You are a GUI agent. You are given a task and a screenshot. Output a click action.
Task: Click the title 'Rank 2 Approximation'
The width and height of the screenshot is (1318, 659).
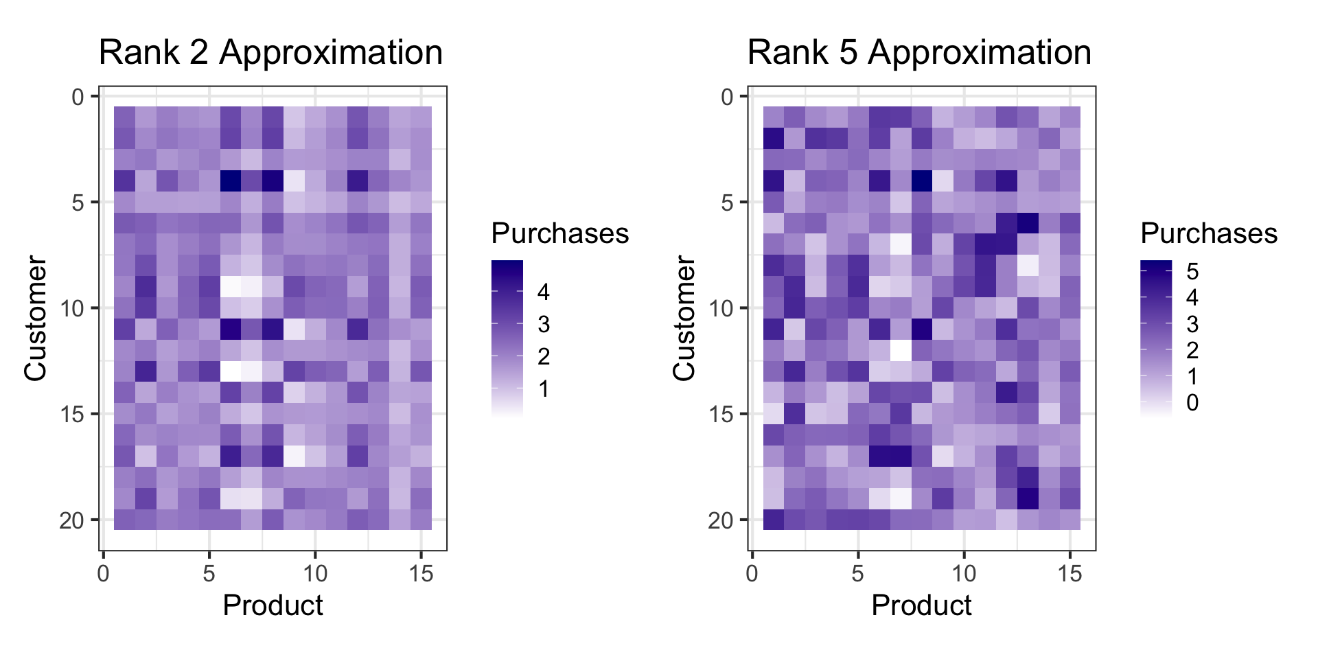tap(270, 53)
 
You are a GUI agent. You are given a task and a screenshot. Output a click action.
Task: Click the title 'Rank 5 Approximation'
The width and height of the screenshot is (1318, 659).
tap(919, 53)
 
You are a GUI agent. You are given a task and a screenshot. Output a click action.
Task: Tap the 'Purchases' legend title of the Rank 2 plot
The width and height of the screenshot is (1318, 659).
tap(560, 234)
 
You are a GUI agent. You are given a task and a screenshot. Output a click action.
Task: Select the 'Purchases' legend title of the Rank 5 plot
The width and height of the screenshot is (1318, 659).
tap(1209, 234)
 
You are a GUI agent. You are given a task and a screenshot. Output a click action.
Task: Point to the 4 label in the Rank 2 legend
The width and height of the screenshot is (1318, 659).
tap(544, 292)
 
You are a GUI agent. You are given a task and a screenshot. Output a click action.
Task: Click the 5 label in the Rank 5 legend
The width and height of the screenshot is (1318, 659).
tap(1192, 272)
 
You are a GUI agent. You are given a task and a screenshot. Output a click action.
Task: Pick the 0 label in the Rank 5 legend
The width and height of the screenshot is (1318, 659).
tap(1192, 403)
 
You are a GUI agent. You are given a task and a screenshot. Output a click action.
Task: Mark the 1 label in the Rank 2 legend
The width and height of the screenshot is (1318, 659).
tap(544, 389)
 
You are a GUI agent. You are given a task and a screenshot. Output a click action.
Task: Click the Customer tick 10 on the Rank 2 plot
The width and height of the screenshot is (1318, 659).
tap(72, 308)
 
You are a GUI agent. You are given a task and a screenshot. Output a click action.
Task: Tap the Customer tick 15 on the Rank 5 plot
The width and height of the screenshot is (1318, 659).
tap(721, 414)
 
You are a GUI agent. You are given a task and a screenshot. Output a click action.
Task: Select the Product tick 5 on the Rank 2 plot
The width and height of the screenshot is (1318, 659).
tap(209, 574)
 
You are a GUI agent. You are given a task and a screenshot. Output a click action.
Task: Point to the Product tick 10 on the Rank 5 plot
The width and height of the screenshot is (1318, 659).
tap(964, 574)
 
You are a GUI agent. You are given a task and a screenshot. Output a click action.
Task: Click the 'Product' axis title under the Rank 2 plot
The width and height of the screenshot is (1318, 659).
tap(273, 605)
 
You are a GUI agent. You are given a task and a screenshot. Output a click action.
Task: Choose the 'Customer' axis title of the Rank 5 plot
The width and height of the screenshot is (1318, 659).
tap(684, 318)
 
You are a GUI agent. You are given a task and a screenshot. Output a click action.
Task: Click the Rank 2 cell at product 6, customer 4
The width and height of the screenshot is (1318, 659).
tap(231, 181)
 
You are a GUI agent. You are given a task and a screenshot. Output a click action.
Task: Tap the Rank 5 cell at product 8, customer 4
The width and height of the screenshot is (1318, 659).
tap(922, 181)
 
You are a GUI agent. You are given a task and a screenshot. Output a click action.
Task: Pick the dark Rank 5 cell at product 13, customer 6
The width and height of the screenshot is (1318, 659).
tap(1028, 223)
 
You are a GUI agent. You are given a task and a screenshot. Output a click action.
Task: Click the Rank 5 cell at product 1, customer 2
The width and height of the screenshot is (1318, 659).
tap(774, 139)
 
